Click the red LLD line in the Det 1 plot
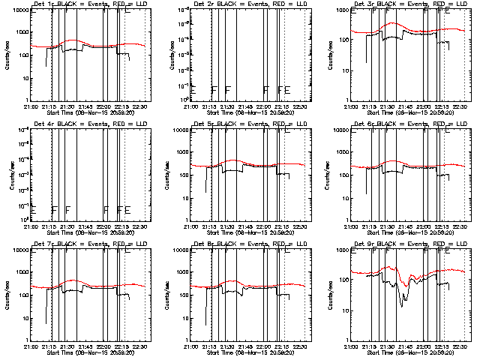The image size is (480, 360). pos(75,41)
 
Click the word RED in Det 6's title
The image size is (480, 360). pos(430,124)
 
